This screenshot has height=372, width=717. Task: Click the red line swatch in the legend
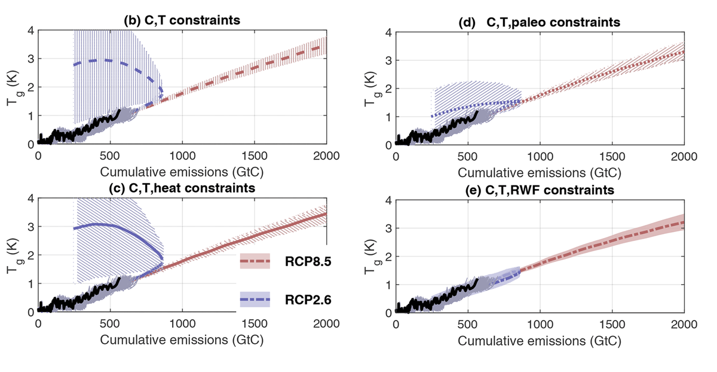coord(255,262)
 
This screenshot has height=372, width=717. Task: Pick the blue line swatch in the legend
coord(255,299)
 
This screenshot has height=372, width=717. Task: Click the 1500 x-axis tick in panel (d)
coord(611,157)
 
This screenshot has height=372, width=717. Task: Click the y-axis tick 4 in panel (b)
coord(30,30)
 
